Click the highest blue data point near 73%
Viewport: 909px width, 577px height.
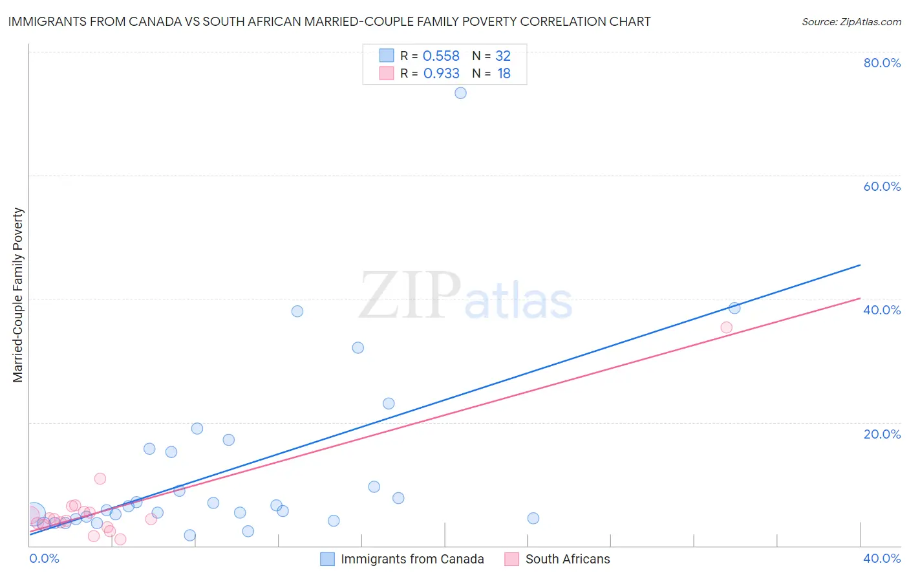[460, 93]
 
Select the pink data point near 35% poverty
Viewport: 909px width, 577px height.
[726, 327]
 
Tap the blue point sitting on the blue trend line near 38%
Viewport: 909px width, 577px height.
[734, 308]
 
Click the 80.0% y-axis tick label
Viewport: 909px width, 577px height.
[882, 63]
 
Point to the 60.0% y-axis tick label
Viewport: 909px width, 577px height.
[882, 186]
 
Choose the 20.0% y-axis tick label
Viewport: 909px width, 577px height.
[882, 434]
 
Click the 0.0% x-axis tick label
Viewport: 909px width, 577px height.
[45, 558]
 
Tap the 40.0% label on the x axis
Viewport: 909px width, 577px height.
[882, 558]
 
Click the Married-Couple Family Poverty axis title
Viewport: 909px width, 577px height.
[18, 295]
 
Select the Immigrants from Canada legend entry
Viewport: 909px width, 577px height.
[412, 559]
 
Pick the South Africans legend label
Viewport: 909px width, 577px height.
[567, 559]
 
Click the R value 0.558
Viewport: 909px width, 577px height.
[441, 56]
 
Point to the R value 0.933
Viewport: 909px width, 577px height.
[441, 74]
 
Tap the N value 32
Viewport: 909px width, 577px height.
[503, 56]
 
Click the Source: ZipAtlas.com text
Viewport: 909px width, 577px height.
[851, 22]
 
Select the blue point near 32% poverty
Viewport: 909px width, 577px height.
[358, 347]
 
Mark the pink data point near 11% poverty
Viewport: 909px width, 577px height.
[100, 479]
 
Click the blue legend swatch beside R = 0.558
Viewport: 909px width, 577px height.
[387, 56]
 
